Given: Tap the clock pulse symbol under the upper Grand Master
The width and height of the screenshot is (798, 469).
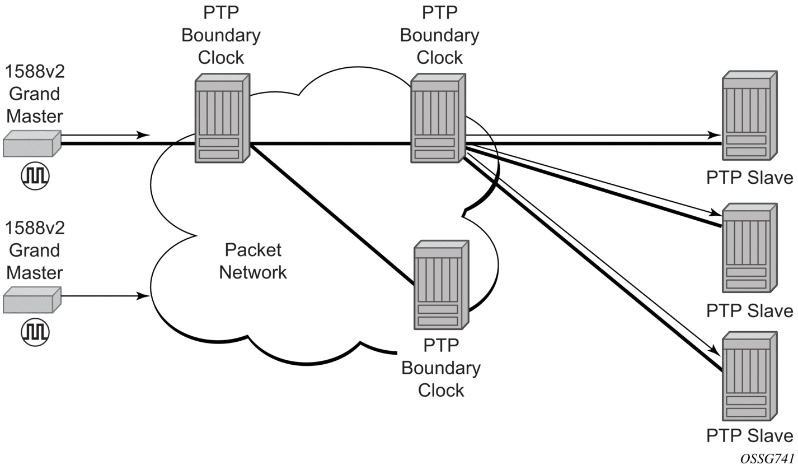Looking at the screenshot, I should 35,176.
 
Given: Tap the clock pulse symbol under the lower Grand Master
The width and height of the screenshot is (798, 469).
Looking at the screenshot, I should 35,332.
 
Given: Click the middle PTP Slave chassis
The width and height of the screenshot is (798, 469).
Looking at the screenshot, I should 749,248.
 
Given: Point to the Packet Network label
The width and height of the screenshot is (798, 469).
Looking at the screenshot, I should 253,261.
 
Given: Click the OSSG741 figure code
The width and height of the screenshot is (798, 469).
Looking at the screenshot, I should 767,459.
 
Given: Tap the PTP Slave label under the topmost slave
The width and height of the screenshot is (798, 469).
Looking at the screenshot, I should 749,178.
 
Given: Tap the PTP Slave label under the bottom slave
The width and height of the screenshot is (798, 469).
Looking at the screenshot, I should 749,436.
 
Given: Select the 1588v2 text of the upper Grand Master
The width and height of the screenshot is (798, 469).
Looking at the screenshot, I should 35,72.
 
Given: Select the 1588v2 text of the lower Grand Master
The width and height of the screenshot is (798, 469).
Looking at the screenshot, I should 35,228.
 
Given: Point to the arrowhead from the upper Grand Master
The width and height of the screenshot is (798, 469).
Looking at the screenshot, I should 144,135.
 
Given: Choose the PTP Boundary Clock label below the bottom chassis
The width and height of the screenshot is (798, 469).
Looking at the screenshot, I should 441,368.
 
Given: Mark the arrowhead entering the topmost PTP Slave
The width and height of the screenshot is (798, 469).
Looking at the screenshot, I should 715,135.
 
